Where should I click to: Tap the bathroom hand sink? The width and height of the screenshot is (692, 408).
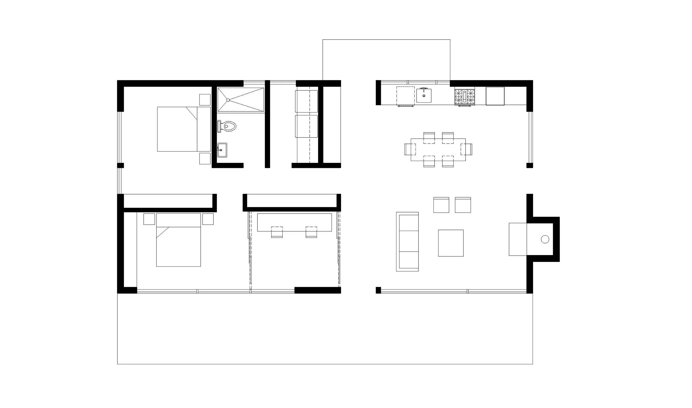pyautogui.click(x=222, y=150)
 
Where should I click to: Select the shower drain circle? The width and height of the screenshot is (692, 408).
pyautogui.click(x=228, y=100)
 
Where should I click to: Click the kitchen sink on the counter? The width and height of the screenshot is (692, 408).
pyautogui.click(x=424, y=95)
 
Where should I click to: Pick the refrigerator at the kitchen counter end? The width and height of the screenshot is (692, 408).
pyautogui.click(x=495, y=96)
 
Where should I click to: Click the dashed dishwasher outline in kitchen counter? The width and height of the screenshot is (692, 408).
pyautogui.click(x=405, y=96)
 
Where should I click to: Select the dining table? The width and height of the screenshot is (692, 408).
pyautogui.click(x=438, y=150)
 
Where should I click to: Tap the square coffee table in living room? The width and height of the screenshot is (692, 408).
pyautogui.click(x=451, y=243)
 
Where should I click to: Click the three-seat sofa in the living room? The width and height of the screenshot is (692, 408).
pyautogui.click(x=407, y=241)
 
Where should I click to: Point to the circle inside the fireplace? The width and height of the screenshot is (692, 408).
pyautogui.click(x=545, y=239)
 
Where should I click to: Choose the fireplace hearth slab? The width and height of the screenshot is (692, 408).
pyautogui.click(x=518, y=239)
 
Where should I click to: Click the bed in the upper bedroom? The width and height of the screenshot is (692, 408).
pyautogui.click(x=184, y=129)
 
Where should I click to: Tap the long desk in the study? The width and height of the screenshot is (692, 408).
pyautogui.click(x=294, y=222)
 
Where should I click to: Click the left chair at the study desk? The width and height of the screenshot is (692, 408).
pyautogui.click(x=277, y=232)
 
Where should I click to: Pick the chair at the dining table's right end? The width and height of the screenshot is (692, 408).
pyautogui.click(x=467, y=149)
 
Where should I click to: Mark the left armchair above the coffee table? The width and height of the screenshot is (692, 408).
pyautogui.click(x=441, y=205)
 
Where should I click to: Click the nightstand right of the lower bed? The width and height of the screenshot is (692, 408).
pyautogui.click(x=208, y=219)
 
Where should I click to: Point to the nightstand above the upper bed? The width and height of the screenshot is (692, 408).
pyautogui.click(x=205, y=100)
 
